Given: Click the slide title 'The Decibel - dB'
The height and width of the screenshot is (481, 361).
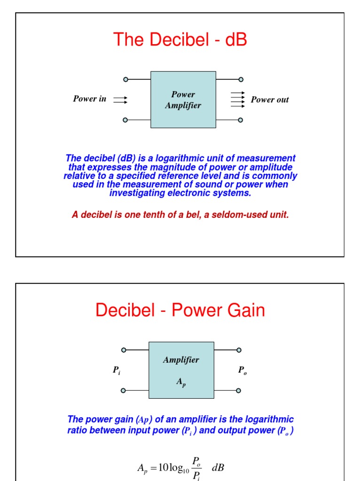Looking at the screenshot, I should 180,40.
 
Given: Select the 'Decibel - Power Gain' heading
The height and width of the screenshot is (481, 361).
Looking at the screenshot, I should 180,310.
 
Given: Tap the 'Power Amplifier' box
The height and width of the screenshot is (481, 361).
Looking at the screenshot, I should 183,100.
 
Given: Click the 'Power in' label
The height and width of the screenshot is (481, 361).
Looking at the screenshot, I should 89,99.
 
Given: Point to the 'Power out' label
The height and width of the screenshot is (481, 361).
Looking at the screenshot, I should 269,100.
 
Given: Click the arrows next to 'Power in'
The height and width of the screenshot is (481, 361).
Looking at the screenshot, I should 120,100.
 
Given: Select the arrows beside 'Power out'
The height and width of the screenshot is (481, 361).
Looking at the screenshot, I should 237,100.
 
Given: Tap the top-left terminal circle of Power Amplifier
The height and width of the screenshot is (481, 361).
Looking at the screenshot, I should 125,79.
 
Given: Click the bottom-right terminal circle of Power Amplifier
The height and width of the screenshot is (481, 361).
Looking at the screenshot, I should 241,120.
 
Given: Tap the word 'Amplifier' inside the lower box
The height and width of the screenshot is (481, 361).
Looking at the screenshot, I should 181,360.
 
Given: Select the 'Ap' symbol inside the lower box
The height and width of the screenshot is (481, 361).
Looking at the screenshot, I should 181,383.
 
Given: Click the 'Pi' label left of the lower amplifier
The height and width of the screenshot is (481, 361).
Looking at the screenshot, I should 117,371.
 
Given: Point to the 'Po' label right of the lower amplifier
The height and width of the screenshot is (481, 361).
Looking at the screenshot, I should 242,371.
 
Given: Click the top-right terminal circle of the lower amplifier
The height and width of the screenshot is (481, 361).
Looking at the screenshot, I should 239,350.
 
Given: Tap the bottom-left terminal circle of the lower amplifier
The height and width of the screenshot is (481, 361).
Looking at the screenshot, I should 124,390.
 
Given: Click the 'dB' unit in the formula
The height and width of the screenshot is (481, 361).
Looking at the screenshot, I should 219,467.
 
